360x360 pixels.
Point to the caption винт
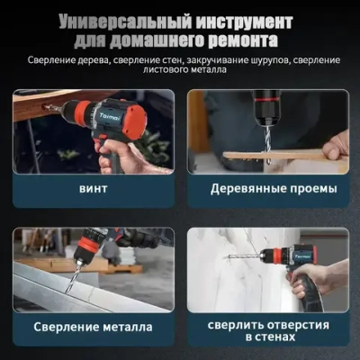92,190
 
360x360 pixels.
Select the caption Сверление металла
92,328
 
